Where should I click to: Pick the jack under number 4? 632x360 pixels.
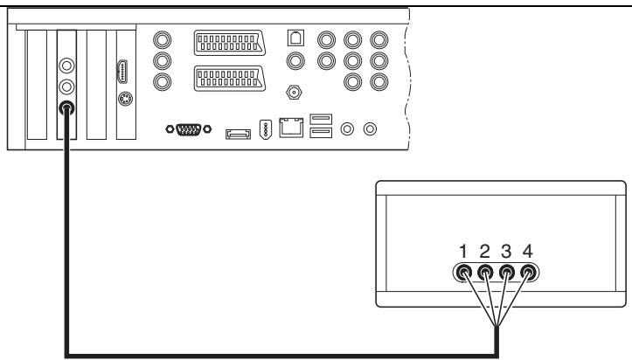click(x=527, y=272)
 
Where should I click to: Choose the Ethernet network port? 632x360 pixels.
click(x=290, y=129)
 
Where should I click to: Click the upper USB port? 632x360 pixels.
click(x=320, y=120)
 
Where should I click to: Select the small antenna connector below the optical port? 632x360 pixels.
click(x=295, y=91)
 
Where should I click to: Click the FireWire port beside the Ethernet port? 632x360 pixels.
click(x=267, y=131)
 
